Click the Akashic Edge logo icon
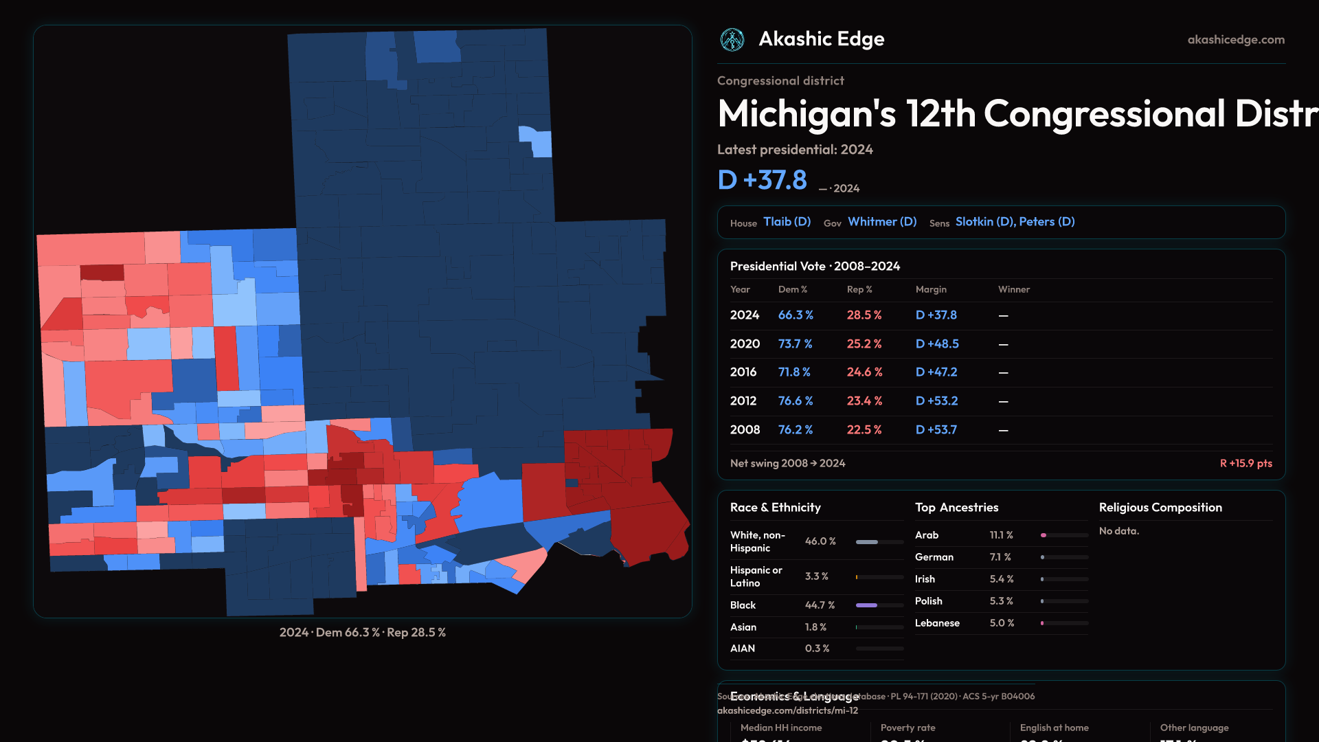tap(732, 40)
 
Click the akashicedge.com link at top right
tap(1236, 40)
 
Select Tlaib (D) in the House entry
tap(787, 222)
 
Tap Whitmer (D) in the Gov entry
tap(882, 222)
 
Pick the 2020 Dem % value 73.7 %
tap(795, 344)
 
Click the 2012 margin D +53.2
tap(936, 401)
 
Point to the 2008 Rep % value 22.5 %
tap(864, 429)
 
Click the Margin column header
tap(931, 289)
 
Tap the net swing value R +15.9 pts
tap(1245, 463)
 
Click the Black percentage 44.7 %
tap(820, 605)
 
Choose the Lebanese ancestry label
tap(937, 623)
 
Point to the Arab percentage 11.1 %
tap(1001, 535)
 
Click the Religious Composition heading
tap(1160, 508)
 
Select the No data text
tap(1118, 531)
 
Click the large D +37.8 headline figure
tap(762, 180)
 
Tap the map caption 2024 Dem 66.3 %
tap(362, 632)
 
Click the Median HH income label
tap(781, 728)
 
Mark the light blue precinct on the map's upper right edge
tap(537, 141)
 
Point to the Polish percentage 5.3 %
tap(1001, 601)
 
